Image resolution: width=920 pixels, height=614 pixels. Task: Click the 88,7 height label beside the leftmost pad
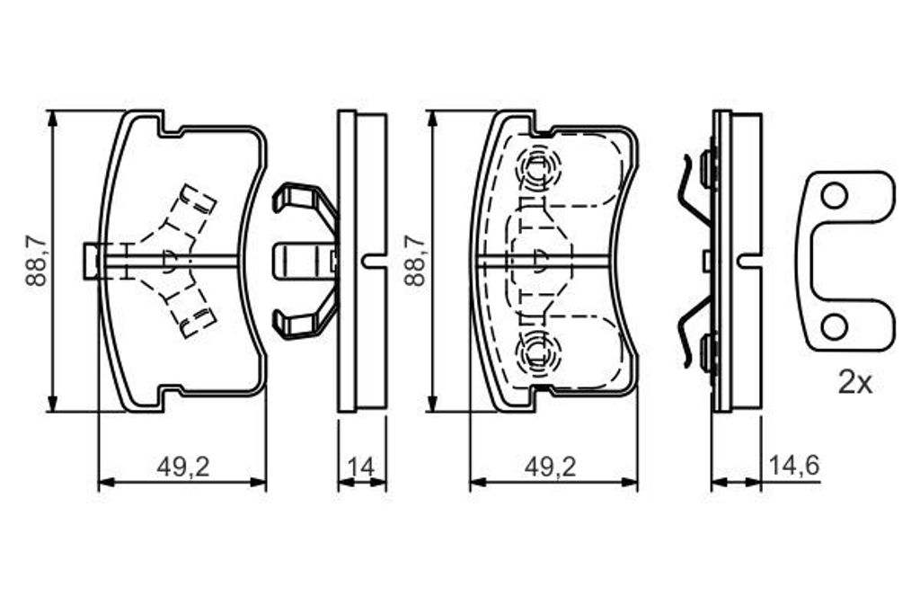(36, 260)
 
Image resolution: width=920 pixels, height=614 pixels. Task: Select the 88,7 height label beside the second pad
(415, 260)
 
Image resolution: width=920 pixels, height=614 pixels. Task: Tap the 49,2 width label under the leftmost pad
(183, 467)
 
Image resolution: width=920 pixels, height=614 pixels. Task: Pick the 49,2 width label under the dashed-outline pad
(551, 467)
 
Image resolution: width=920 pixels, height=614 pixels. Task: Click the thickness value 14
(362, 467)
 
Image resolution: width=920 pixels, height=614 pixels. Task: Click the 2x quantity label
(855, 384)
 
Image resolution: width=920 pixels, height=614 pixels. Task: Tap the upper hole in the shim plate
(834, 196)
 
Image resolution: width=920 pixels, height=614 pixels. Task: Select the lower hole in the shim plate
(834, 326)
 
